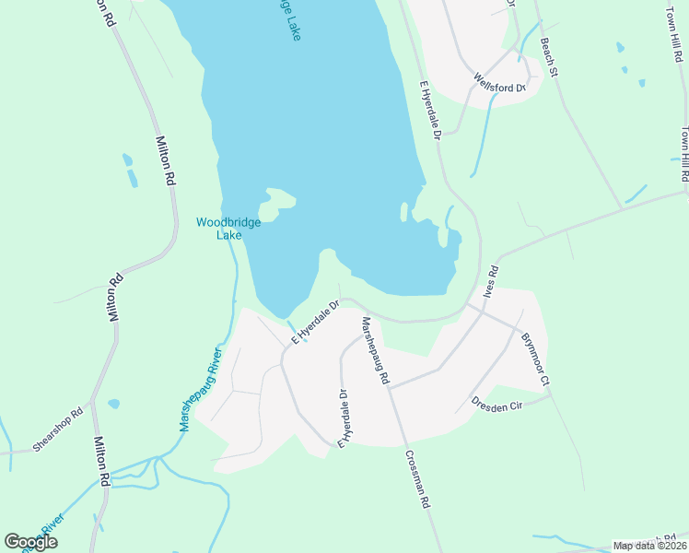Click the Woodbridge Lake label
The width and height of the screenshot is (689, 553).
point(219,228)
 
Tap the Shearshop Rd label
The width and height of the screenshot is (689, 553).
point(57,429)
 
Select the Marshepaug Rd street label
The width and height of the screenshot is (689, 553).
point(376,350)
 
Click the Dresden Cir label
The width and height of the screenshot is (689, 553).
point(497,403)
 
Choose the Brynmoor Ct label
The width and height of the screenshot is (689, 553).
point(535,359)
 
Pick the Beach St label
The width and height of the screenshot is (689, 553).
point(550,56)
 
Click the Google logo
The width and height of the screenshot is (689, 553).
point(31,542)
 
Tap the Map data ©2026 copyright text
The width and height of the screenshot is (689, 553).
point(649,546)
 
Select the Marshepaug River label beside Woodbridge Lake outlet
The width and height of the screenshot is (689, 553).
point(197,389)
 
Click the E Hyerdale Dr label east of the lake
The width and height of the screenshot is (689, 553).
point(431,111)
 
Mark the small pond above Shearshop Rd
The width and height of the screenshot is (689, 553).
point(113,404)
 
